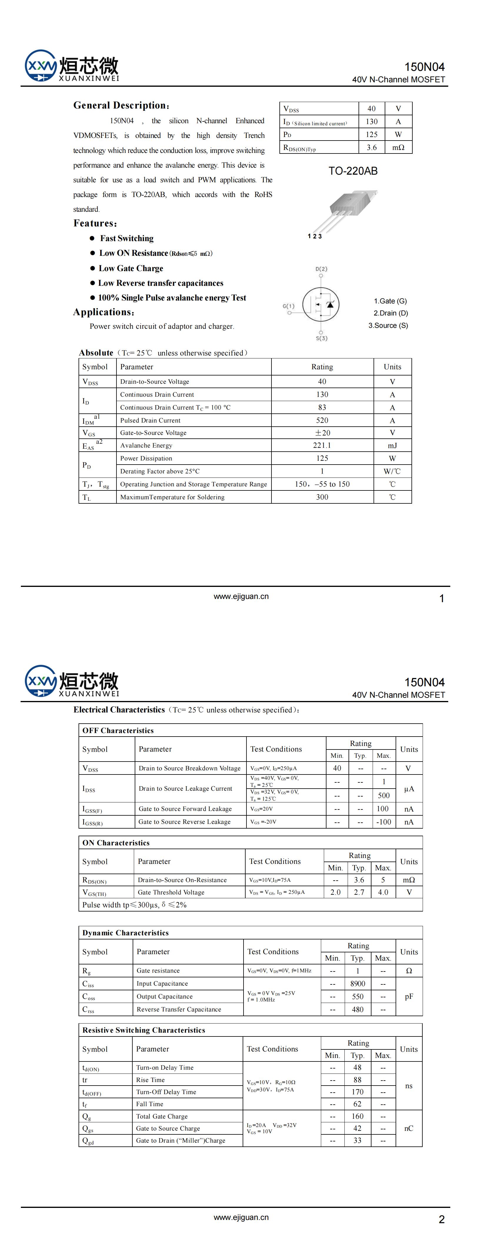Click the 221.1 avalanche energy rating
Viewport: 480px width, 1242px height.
[x=322, y=445]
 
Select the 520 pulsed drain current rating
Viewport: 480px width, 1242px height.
[x=322, y=420]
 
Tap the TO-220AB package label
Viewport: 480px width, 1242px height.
[x=353, y=171]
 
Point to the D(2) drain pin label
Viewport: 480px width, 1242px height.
[x=321, y=268]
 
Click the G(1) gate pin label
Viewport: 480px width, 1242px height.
[x=289, y=306]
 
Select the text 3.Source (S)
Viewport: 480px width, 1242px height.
[x=388, y=325]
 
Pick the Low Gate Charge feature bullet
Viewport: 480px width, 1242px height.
[x=131, y=268]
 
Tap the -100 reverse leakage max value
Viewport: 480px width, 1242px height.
[x=384, y=822]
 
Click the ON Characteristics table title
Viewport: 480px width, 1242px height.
[x=116, y=842]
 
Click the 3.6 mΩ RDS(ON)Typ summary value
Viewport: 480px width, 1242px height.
[x=371, y=148]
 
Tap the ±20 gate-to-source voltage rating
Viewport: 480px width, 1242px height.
[x=322, y=433]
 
